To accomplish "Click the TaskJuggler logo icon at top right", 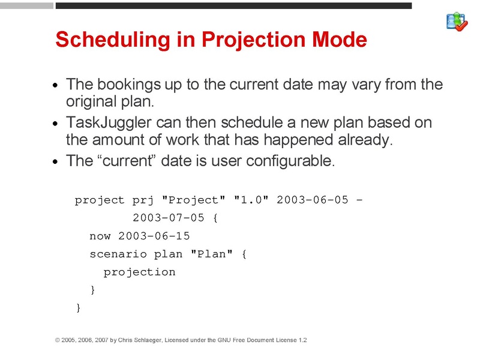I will [x=457, y=21].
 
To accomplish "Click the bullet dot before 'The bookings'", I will [x=56, y=86].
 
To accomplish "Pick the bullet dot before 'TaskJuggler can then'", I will [x=56, y=125].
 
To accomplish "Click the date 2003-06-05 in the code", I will [x=312, y=200].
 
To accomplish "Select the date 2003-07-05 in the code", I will [x=168, y=218].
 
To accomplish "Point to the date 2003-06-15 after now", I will [x=154, y=236].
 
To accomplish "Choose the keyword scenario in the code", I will [x=118, y=254].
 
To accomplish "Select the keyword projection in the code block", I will [x=139, y=272].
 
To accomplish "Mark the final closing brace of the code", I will [x=78, y=308].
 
